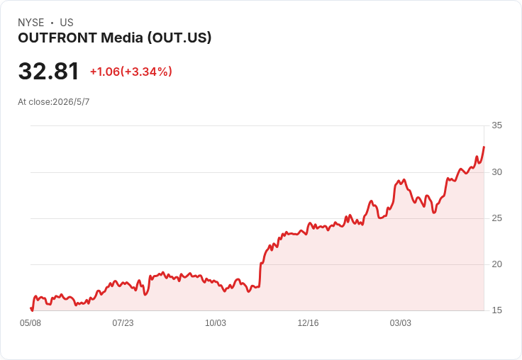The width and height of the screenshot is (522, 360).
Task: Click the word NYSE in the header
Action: point(31,23)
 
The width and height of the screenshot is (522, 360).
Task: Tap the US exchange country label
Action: point(67,23)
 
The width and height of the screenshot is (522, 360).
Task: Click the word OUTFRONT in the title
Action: point(57,38)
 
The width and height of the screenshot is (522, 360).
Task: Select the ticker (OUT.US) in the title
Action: point(179,38)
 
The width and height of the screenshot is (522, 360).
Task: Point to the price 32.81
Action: point(49,71)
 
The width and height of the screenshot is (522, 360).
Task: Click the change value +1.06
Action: point(105,72)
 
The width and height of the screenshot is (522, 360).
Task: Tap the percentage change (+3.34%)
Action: point(146,72)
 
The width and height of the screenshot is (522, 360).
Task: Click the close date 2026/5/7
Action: point(71,102)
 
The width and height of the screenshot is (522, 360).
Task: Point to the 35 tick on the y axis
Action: point(496,125)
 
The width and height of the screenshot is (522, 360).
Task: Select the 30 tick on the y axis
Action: point(496,172)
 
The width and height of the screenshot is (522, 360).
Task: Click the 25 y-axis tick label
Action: point(496,218)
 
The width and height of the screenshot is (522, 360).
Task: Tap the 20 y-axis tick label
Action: point(496,264)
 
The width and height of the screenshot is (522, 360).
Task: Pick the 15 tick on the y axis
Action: point(496,310)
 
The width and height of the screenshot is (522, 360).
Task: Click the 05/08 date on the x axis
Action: point(30,323)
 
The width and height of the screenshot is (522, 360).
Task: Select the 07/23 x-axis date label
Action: point(123,323)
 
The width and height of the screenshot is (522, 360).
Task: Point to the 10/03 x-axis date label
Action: point(216,323)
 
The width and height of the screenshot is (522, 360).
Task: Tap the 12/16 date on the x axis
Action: point(308,323)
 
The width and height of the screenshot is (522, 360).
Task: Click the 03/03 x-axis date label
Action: point(401,323)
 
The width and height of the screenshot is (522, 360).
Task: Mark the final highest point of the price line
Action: point(484,147)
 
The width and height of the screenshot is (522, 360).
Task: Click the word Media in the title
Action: point(122,38)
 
